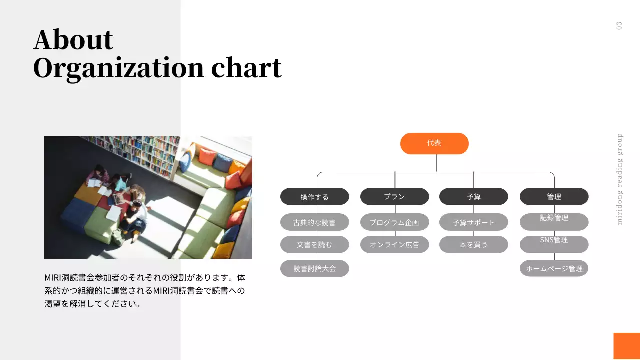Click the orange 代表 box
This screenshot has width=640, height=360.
pos(434,143)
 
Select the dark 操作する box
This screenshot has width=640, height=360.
pos(314,197)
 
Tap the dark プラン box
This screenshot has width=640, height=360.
pos(394,197)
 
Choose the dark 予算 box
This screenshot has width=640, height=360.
pos(473,197)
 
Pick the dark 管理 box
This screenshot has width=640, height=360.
pos(554,197)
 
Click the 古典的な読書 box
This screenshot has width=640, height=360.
pos(314,222)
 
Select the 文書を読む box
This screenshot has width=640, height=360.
pos(314,245)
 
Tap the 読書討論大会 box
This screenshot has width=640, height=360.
pos(314,268)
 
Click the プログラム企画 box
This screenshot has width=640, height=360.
pos(394,222)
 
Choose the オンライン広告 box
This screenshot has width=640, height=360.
pos(394,245)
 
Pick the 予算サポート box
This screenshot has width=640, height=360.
pos(473,222)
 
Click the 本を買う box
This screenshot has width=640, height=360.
pos(473,245)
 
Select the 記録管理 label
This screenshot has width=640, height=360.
pos(554,218)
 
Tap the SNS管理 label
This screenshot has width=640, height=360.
pos(554,240)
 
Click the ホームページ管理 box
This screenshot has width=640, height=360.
pos(554,268)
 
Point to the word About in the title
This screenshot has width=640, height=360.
pos(73,40)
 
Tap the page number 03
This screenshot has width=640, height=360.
pos(619,26)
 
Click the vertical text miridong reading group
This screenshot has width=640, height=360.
pos(620,179)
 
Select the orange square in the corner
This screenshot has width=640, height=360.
pos(626,346)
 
